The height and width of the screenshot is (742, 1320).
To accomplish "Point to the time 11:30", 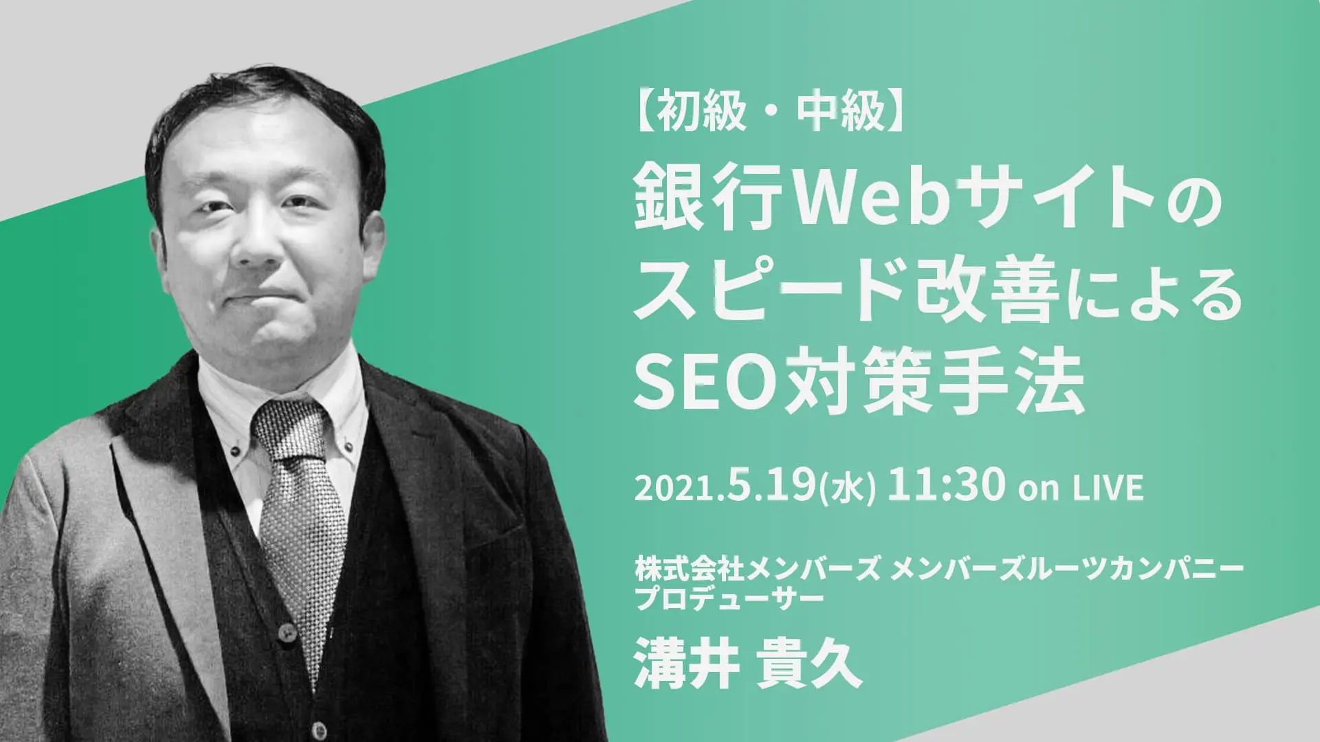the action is [946, 486].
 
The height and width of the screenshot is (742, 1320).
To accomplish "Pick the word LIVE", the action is [1108, 488].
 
